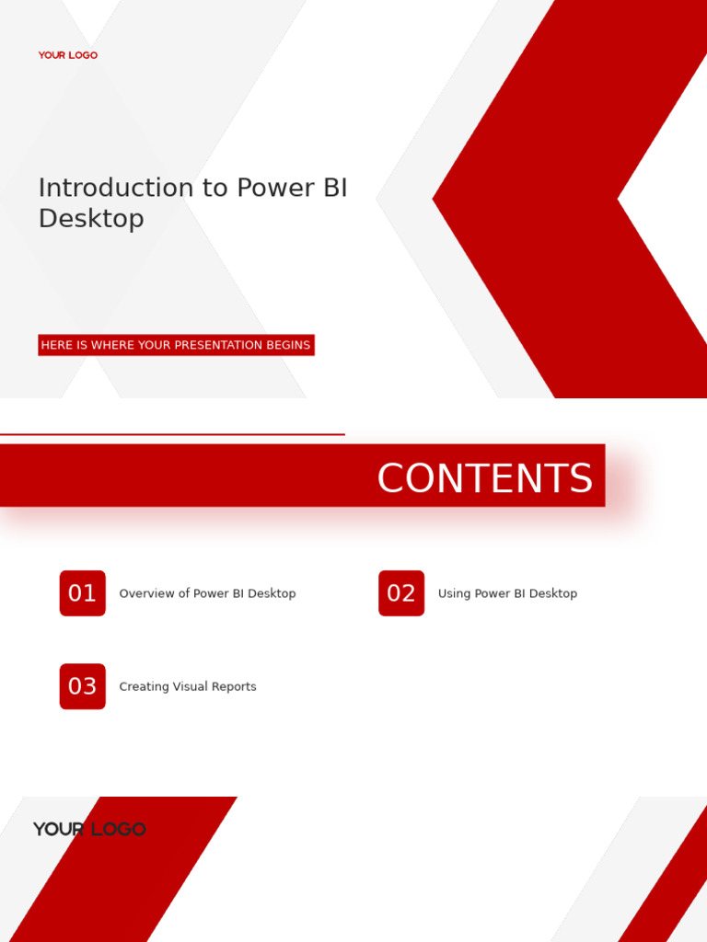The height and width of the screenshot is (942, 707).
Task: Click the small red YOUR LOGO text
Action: pyautogui.click(x=67, y=55)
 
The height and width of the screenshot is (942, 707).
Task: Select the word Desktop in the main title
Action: pyautogui.click(x=91, y=219)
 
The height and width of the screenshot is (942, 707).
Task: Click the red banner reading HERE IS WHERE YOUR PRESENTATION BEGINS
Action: pyautogui.click(x=176, y=345)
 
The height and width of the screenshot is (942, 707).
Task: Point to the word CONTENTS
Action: pyautogui.click(x=484, y=478)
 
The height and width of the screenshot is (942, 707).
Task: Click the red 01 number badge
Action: pyautogui.click(x=83, y=593)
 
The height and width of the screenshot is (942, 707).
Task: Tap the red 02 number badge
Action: pyautogui.click(x=401, y=593)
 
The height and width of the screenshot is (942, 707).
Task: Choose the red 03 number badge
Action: pyautogui.click(x=83, y=686)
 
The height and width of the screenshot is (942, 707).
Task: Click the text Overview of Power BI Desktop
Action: pyautogui.click(x=207, y=593)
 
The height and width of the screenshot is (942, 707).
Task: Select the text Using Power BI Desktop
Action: pyautogui.click(x=507, y=593)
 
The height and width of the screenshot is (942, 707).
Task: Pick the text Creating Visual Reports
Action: pyautogui.click(x=188, y=686)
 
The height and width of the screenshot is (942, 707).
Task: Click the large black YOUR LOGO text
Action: pyautogui.click(x=89, y=829)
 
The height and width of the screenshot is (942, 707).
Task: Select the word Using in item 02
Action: pyautogui.click(x=454, y=593)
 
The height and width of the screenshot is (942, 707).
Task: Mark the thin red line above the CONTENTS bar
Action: pyautogui.click(x=172, y=434)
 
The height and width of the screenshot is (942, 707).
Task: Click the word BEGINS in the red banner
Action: pyautogui.click(x=288, y=345)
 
